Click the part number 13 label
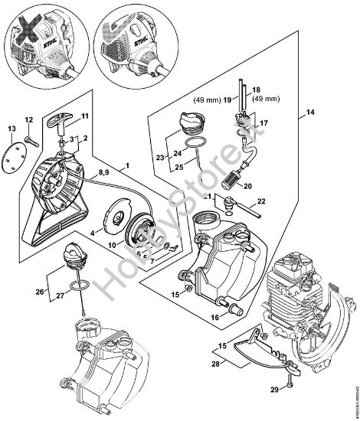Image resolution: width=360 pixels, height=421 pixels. tap(11, 127)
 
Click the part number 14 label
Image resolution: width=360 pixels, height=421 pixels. tap(309, 113)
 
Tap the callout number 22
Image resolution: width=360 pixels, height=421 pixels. tap(261, 201)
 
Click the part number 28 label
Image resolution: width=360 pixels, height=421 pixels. tap(216, 365)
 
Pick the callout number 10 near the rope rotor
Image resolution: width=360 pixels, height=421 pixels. tap(113, 245)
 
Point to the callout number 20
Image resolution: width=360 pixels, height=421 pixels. tap(247, 184)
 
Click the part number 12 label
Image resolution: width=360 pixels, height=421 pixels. tap(28, 119)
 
